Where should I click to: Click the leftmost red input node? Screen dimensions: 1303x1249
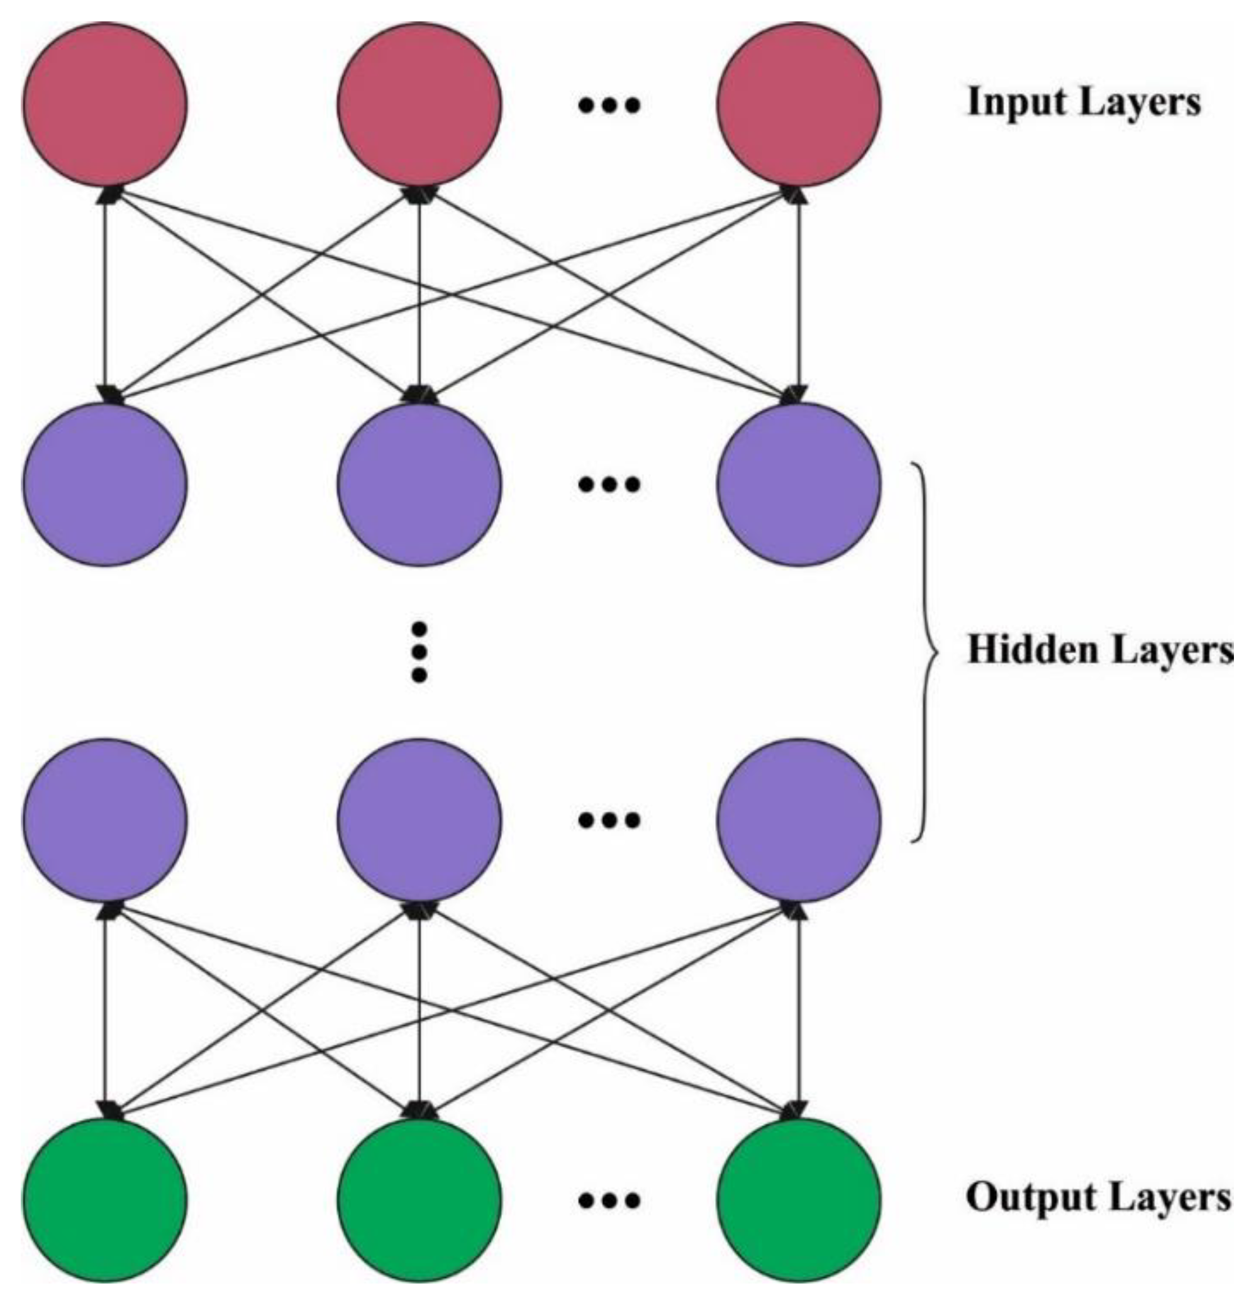pyautogui.click(x=105, y=104)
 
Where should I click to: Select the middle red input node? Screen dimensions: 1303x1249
pyautogui.click(x=419, y=104)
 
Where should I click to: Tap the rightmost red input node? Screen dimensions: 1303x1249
pyautogui.click(x=798, y=104)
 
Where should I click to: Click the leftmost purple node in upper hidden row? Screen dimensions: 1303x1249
pyautogui.click(x=105, y=485)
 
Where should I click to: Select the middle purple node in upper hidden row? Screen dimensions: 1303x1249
pyautogui.click(x=419, y=485)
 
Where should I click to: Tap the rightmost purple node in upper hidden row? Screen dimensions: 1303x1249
pyautogui.click(x=798, y=485)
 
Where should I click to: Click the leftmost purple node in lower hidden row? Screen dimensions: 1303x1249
pyautogui.click(x=105, y=820)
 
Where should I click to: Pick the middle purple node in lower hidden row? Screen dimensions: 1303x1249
pyautogui.click(x=419, y=820)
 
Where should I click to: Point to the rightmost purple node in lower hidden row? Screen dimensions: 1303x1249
pyautogui.click(x=798, y=820)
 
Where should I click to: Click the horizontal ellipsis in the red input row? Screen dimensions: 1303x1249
pyautogui.click(x=609, y=105)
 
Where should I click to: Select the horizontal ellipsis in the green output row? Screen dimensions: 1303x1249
pyautogui.click(x=609, y=1201)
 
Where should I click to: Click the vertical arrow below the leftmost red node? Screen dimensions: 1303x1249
pyautogui.click(x=105, y=292)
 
